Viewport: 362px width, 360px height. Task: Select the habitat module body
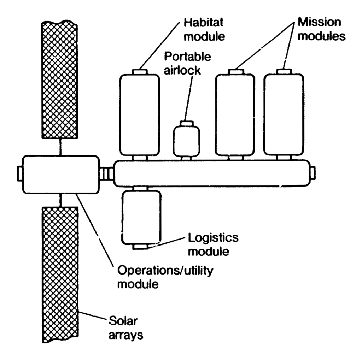(139, 115)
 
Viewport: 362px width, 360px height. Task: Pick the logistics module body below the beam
(141, 217)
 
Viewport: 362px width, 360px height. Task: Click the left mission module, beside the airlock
(235, 115)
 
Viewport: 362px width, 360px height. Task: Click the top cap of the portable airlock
(186, 123)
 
